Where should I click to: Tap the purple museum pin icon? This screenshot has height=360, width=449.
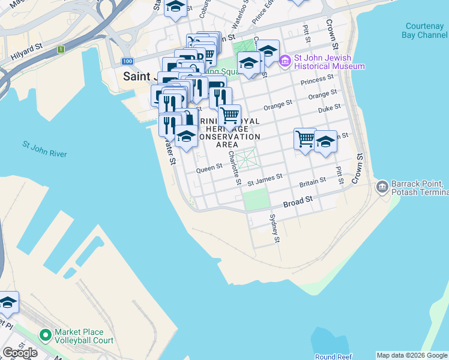pyautogui.click(x=285, y=61)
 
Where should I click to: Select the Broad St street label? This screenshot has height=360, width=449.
pyautogui.click(x=298, y=201)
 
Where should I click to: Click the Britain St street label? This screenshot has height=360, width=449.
pyautogui.click(x=313, y=180)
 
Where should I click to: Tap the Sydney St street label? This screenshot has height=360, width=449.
pyautogui.click(x=274, y=228)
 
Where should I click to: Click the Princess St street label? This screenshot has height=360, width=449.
pyautogui.click(x=318, y=79)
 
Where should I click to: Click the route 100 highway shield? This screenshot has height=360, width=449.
pyautogui.click(x=127, y=61)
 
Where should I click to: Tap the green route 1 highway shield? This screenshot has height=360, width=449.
pyautogui.click(x=61, y=49)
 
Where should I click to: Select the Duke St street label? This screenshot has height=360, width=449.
pyautogui.click(x=330, y=107)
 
